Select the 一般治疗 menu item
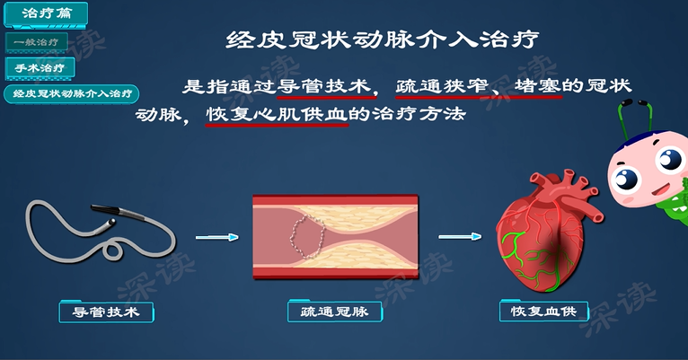pyautogui.click(x=36, y=41)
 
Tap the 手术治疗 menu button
pyautogui.click(x=40, y=67)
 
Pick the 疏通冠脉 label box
pyautogui.click(x=334, y=312)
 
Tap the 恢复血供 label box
pyautogui.click(x=543, y=312)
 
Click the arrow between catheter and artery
pyautogui.click(x=217, y=237)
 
